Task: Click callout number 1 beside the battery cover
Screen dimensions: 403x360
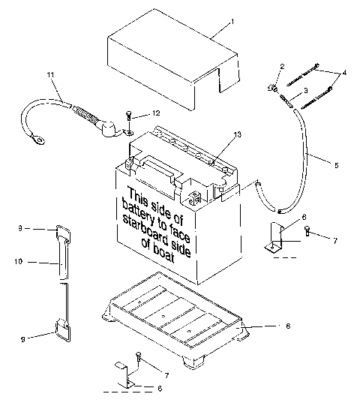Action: (x=232, y=21)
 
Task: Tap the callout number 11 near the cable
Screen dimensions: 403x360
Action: (x=50, y=74)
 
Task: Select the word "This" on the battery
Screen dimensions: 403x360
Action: (x=141, y=194)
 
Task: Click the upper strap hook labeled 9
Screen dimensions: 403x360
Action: (x=62, y=234)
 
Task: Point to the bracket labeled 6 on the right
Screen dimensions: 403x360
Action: (x=274, y=239)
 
